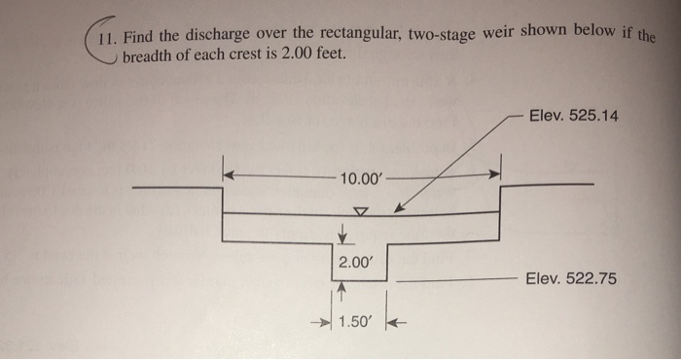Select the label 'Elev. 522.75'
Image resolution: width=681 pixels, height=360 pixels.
570,278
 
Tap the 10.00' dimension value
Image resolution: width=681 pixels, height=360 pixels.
363,179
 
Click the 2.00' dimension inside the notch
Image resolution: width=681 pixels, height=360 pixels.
354,262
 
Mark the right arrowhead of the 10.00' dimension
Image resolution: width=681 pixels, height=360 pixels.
493,176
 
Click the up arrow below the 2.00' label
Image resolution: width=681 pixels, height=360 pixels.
342,289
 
